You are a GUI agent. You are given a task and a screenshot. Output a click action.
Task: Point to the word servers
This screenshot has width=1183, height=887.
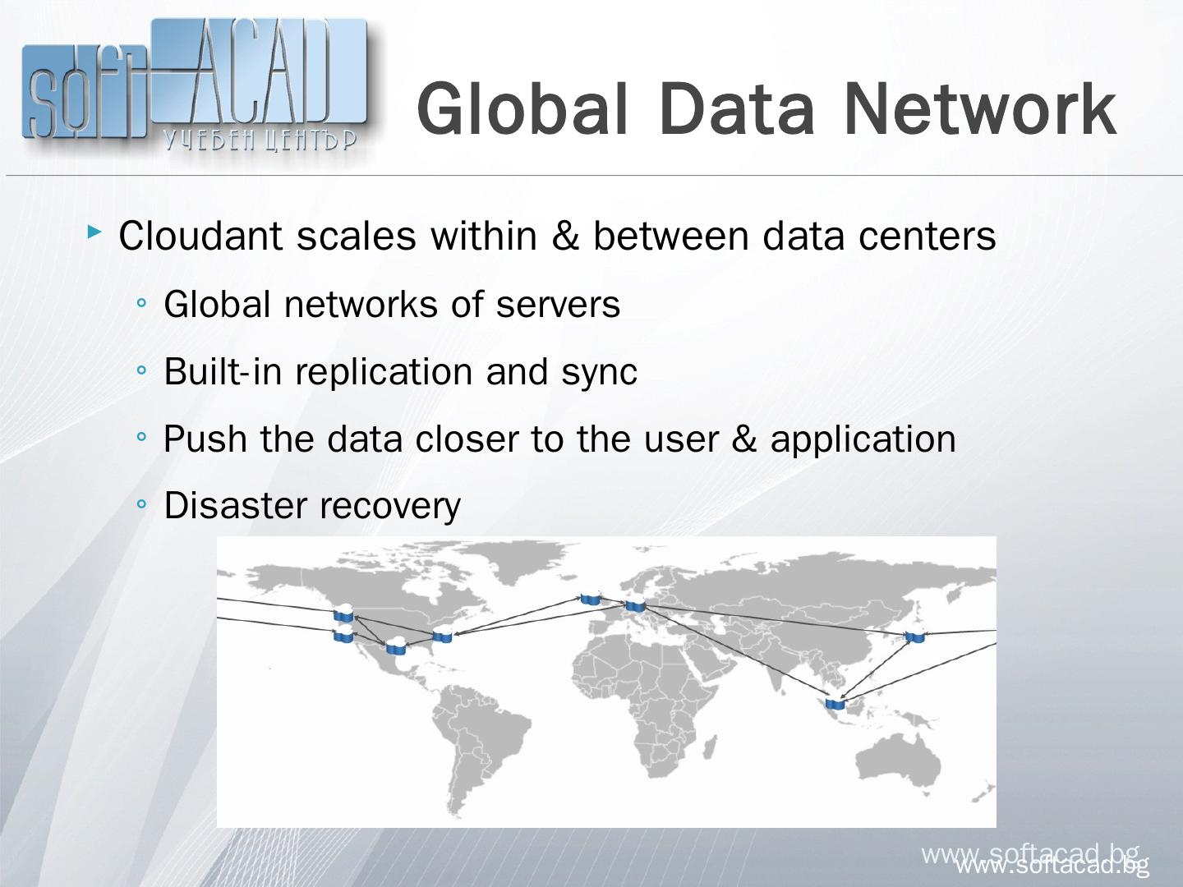coord(558,305)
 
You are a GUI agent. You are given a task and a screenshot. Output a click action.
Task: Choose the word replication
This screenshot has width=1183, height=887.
coord(384,372)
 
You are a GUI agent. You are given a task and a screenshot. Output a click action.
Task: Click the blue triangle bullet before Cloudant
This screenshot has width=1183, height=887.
coord(95,235)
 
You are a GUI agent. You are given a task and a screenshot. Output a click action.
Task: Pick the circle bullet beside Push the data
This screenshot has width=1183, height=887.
coord(142,439)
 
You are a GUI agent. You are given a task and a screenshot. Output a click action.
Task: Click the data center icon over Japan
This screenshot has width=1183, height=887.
coord(914,637)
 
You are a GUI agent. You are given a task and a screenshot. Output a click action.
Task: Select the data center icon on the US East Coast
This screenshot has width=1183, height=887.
coord(443,635)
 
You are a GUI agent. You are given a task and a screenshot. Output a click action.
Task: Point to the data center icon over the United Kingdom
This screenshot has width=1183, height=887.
coord(590,599)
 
